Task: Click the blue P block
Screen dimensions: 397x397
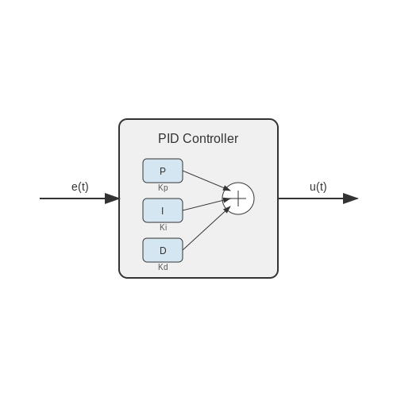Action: pyautogui.click(x=163, y=171)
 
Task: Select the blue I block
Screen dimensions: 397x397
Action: pyautogui.click(x=163, y=210)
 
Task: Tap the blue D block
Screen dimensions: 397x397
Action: pyautogui.click(x=163, y=250)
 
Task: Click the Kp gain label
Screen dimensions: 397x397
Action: pyautogui.click(x=163, y=187)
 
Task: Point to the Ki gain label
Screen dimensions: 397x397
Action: pyautogui.click(x=164, y=227)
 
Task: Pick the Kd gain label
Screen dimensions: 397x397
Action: pyautogui.click(x=163, y=267)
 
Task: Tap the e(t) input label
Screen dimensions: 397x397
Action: pyautogui.click(x=80, y=187)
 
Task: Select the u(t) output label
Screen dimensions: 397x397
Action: pyautogui.click(x=318, y=187)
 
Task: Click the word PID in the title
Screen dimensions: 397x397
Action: pyautogui.click(x=168, y=138)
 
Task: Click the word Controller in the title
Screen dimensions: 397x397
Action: pyautogui.click(x=210, y=138)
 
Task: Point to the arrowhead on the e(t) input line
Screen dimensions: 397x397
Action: pyautogui.click(x=112, y=198)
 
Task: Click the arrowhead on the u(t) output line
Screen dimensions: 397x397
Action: pyautogui.click(x=350, y=198)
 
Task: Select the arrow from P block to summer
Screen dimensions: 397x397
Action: pyautogui.click(x=206, y=181)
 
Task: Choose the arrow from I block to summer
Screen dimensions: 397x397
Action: pyautogui.click(x=206, y=205)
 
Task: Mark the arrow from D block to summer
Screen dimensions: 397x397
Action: pyautogui.click(x=206, y=229)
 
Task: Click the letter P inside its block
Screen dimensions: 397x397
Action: pyautogui.click(x=163, y=172)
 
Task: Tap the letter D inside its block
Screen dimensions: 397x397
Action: pyautogui.click(x=163, y=251)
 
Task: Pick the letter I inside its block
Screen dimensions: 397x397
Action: pyautogui.click(x=162, y=211)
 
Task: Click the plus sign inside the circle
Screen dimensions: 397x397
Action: pyautogui.click(x=238, y=198)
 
